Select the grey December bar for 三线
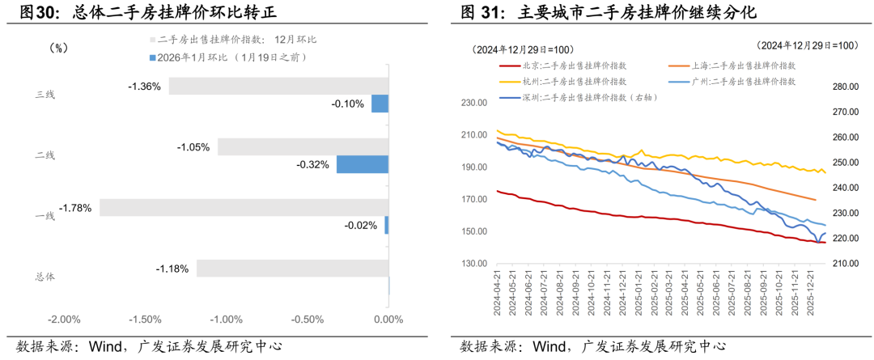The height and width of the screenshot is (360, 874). (278, 86)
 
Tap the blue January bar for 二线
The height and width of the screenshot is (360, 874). (363, 164)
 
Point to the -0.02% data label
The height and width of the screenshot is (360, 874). (360, 225)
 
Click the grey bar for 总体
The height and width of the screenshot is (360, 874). (292, 268)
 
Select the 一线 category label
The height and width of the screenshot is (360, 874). (45, 215)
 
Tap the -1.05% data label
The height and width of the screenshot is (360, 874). (193, 147)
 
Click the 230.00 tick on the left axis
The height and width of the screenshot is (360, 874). (472, 103)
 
